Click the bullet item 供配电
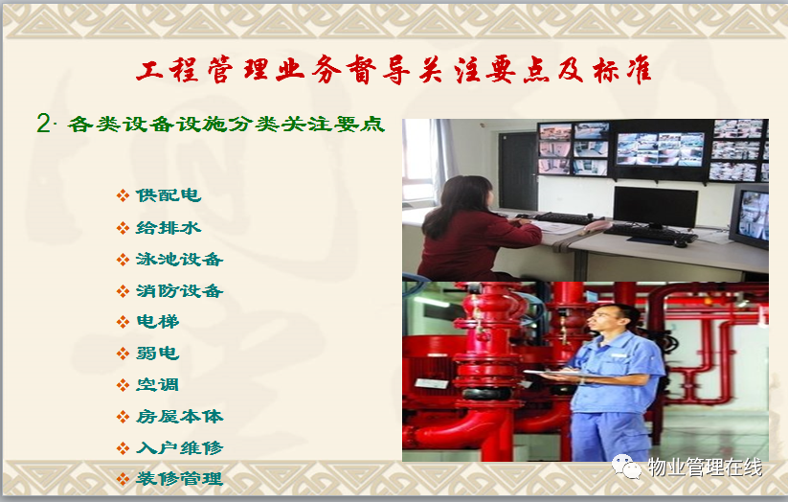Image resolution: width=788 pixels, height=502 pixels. [169, 195]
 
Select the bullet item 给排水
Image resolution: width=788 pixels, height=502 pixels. [169, 228]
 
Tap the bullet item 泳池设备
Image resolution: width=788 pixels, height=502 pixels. [179, 260]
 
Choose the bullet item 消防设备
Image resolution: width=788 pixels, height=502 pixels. [179, 291]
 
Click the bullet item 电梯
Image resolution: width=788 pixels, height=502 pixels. [158, 322]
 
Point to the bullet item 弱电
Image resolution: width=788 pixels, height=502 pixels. [158, 354]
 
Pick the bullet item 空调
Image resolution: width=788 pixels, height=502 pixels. [158, 385]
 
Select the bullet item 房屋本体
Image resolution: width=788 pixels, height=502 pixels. [179, 417]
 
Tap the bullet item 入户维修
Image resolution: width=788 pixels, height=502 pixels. [179, 447]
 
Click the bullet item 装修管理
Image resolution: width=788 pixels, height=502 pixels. [179, 478]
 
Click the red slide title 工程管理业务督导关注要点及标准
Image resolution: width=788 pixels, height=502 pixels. [394, 69]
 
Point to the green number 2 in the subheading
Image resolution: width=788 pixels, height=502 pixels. [43, 124]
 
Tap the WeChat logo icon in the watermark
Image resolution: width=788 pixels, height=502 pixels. [626, 467]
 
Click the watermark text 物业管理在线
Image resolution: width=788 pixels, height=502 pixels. [705, 468]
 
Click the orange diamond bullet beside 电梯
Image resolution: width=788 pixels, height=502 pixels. [123, 322]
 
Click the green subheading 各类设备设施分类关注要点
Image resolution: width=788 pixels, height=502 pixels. [226, 125]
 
